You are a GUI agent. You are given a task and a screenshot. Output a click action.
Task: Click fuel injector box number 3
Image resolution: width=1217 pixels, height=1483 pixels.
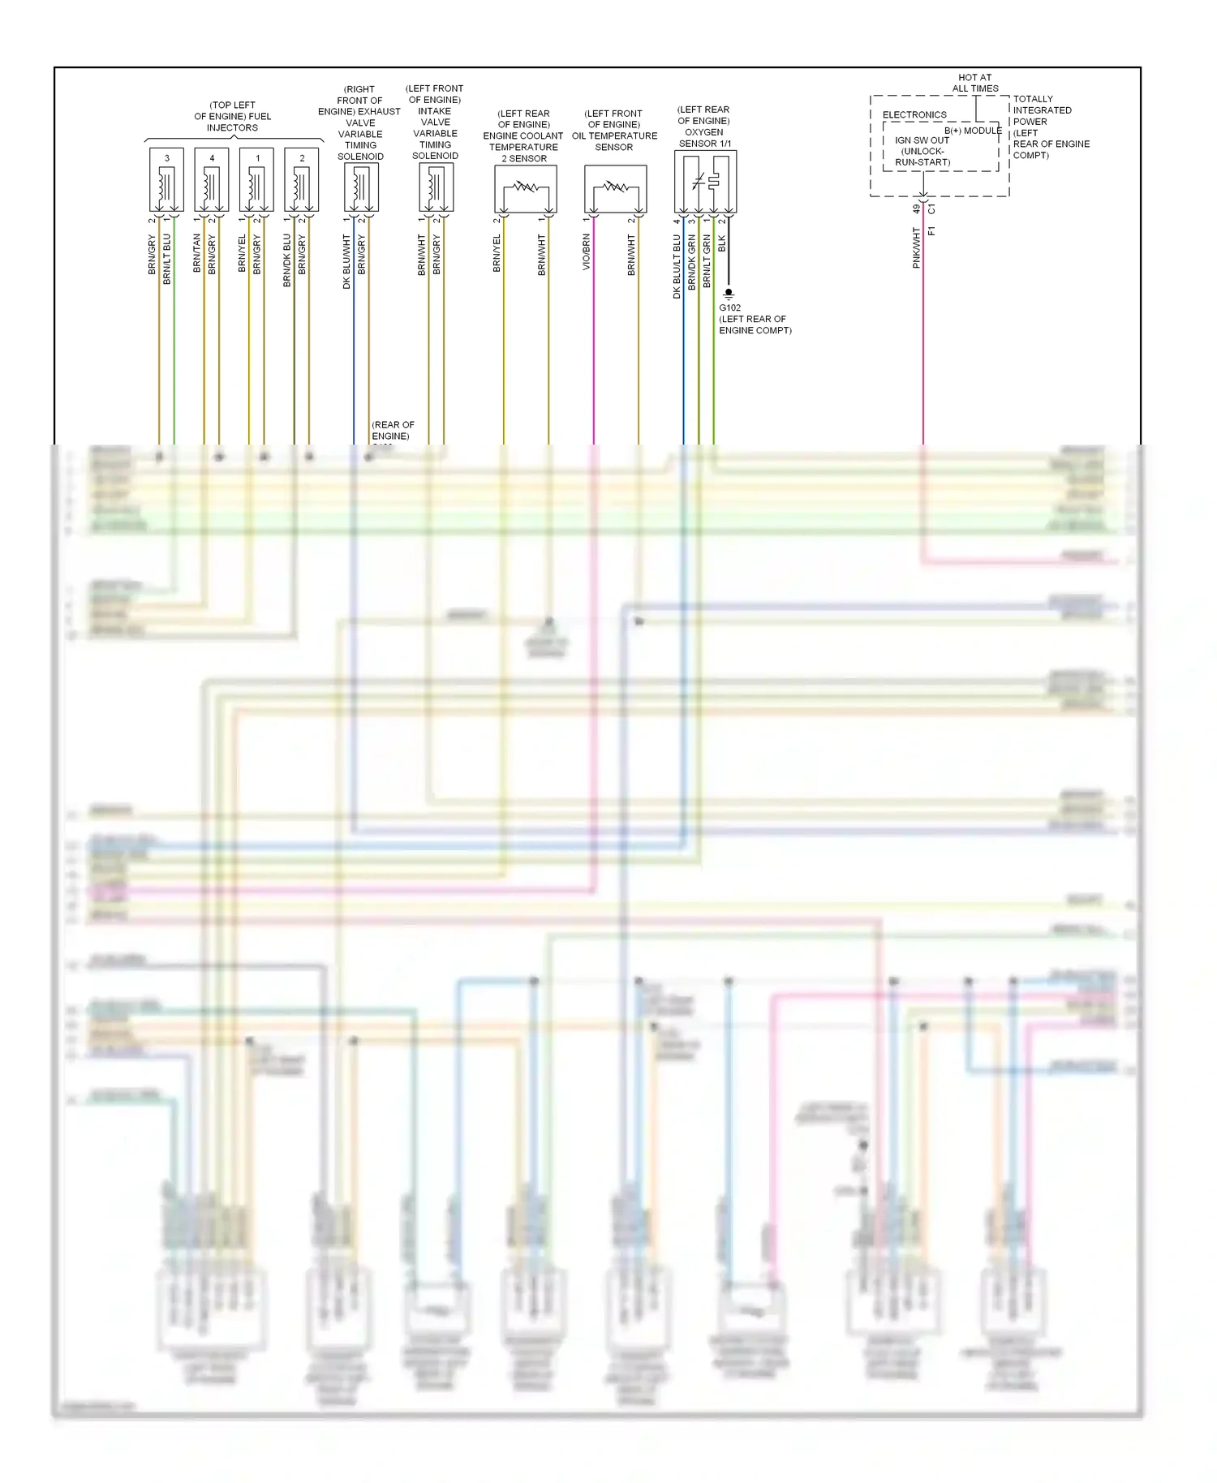(x=166, y=179)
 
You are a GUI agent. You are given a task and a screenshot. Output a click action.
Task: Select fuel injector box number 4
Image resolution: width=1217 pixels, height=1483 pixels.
(x=212, y=179)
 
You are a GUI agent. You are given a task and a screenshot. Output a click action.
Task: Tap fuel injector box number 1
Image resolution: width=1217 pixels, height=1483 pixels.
(x=257, y=179)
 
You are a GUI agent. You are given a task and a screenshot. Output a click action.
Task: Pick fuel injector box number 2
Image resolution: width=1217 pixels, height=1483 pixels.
(x=302, y=179)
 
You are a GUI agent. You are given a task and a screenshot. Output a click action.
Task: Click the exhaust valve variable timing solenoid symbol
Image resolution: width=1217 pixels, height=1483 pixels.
(x=361, y=187)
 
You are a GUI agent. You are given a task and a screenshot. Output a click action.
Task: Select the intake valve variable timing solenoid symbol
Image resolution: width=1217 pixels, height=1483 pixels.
(x=436, y=187)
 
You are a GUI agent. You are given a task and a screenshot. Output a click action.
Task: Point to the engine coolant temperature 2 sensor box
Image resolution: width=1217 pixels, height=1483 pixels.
(x=526, y=189)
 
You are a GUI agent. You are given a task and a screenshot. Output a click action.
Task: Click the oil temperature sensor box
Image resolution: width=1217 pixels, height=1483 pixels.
(x=616, y=189)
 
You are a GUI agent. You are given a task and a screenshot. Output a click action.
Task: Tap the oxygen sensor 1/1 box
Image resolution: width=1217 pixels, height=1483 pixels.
(x=705, y=182)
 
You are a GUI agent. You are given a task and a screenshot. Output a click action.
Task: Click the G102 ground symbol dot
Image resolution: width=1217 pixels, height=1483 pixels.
(x=729, y=292)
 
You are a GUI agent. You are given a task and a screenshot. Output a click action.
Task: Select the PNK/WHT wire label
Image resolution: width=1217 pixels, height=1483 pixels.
(x=917, y=247)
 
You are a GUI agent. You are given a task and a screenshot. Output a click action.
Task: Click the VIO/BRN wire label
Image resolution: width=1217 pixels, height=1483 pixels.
(x=587, y=252)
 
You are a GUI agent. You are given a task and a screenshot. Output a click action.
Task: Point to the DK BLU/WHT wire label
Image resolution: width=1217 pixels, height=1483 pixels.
(x=346, y=261)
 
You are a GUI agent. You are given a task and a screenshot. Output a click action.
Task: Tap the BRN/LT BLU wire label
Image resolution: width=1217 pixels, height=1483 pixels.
(x=167, y=259)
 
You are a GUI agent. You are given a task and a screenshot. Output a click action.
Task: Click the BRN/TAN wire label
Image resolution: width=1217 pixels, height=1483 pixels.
(x=197, y=252)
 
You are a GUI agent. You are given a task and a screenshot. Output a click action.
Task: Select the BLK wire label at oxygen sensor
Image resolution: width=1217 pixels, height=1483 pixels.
(x=722, y=243)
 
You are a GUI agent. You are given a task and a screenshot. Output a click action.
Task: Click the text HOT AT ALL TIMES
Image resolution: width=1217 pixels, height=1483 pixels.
(x=974, y=83)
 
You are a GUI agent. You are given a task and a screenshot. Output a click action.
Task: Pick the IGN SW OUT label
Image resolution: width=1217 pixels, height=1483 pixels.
(x=922, y=140)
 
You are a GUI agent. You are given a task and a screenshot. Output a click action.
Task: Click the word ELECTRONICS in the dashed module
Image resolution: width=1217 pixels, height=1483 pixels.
(x=914, y=114)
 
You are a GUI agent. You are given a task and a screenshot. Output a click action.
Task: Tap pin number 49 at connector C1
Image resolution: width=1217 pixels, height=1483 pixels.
(x=916, y=209)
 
